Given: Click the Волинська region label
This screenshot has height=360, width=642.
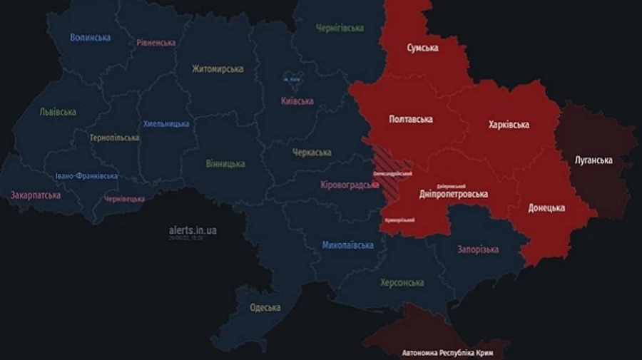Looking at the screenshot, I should pyautogui.click(x=91, y=37).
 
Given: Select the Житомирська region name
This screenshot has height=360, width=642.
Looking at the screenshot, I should pyautogui.click(x=218, y=69).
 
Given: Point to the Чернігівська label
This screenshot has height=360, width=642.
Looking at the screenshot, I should pyautogui.click(x=340, y=28).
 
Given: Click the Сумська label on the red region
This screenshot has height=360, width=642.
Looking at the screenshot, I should pyautogui.click(x=422, y=48).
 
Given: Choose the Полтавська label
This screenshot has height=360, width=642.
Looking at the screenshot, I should pyautogui.click(x=410, y=119).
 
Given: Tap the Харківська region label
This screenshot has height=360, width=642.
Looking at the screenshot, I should pyautogui.click(x=509, y=125).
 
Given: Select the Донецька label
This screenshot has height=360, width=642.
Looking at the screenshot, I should pyautogui.click(x=546, y=208).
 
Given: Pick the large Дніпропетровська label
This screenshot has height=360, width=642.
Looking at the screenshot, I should pyautogui.click(x=453, y=194).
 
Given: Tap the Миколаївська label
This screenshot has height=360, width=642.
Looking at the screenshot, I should pyautogui.click(x=347, y=245).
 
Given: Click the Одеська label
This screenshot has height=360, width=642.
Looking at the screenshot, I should pyautogui.click(x=265, y=308).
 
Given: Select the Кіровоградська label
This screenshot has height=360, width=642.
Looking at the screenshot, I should pyautogui.click(x=349, y=185).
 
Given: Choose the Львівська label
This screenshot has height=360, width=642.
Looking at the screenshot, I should pyautogui.click(x=58, y=112).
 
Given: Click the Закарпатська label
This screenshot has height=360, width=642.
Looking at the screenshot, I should pyautogui.click(x=35, y=195).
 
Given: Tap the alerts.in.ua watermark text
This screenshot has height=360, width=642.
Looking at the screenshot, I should pyautogui.click(x=193, y=230).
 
